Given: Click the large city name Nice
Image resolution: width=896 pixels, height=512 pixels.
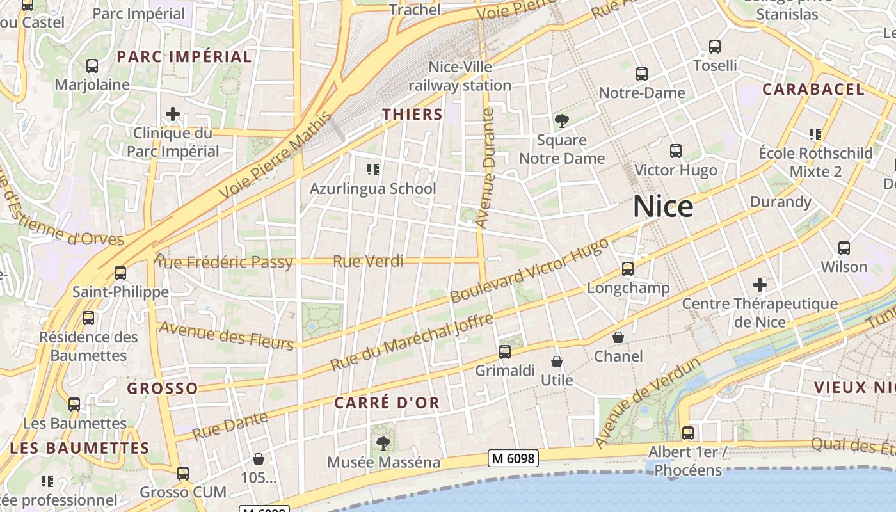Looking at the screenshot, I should pos(663,207).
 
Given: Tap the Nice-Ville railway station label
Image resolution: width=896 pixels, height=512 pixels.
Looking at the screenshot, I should pos(460,76).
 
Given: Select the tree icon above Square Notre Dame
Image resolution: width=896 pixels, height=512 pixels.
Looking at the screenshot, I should pos(561,121).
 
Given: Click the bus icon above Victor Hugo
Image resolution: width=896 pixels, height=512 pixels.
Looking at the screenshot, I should pos(676,151).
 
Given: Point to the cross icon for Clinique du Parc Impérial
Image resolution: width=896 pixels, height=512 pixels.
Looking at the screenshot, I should pos(172,115).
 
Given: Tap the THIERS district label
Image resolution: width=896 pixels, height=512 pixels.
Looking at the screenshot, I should pos(412,115).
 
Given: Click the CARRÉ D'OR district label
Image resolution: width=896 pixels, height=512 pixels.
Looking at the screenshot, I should pos(387,403).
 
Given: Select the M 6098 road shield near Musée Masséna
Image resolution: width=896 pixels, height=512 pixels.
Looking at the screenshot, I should pos(513,458).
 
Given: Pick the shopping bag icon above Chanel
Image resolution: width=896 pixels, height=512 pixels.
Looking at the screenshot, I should pos(618,337).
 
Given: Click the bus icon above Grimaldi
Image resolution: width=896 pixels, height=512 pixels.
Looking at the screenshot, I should pos(505,352).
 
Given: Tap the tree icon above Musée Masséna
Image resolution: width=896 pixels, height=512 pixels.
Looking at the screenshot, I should pos(383,443).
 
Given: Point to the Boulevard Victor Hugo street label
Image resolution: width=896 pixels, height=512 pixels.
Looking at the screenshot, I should pos(529,271).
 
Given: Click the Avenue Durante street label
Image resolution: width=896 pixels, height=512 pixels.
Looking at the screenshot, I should pos(487,168).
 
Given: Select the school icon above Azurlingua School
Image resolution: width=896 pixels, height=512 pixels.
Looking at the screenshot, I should pos(372,170).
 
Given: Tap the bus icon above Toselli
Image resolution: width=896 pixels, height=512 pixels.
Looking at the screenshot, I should pos(715,47).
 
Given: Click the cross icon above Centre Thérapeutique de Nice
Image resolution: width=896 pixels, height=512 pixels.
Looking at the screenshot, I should pos(760,284).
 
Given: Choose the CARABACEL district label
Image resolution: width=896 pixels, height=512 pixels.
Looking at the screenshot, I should pos(813,90).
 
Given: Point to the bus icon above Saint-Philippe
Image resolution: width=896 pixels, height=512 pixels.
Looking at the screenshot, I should pos(120,273).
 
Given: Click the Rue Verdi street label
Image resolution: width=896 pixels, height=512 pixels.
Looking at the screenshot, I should pos(368,261).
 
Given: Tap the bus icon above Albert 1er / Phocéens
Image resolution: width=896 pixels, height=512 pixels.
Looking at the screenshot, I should pos(688,433).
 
